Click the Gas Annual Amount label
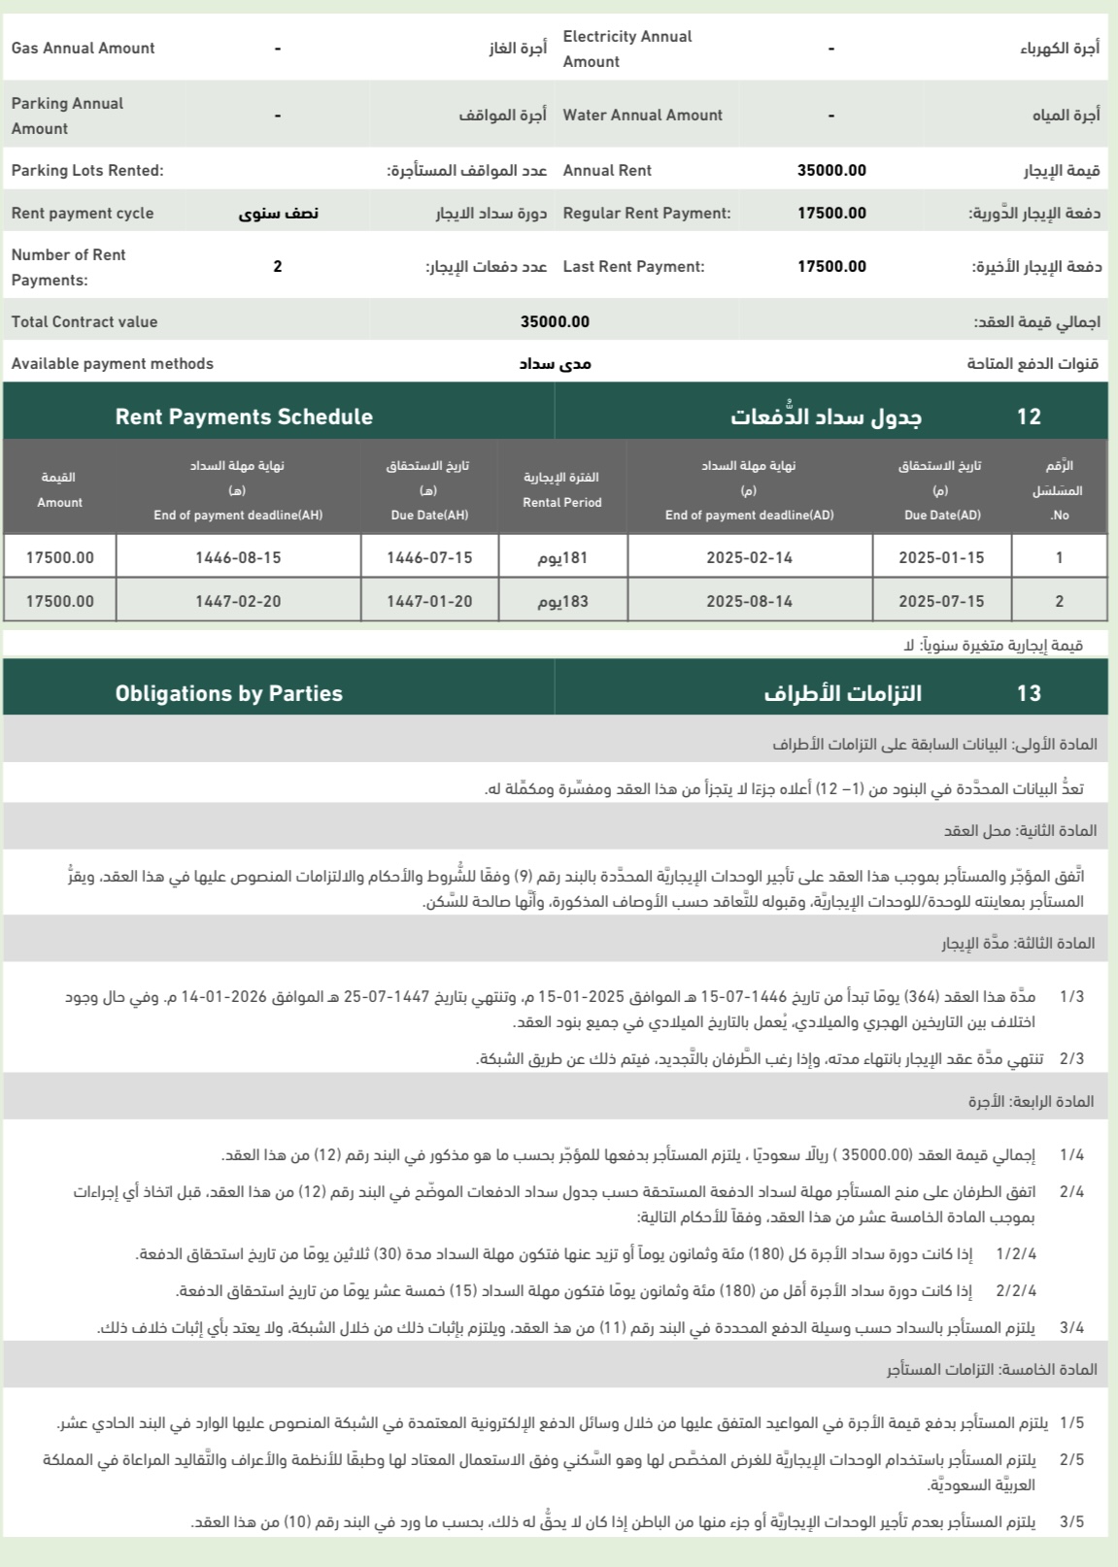tap(83, 49)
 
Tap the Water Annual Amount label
tap(642, 115)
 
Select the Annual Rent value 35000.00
tap(831, 171)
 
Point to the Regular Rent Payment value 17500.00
tap(831, 214)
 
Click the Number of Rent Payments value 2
tap(278, 266)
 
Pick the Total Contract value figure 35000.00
tap(555, 322)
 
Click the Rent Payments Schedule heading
tap(244, 417)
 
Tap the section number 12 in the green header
tap(1029, 417)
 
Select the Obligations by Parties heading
tap(228, 693)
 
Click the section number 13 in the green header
tap(1029, 693)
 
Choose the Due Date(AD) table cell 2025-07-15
tap(941, 601)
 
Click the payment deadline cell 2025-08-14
tap(749, 601)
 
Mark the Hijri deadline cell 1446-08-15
tap(238, 558)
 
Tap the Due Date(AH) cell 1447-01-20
tap(429, 601)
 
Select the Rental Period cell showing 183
tap(563, 601)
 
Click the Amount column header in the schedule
tap(59, 490)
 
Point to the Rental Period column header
tap(562, 490)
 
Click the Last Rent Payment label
tap(633, 267)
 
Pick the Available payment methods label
tap(113, 364)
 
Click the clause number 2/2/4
tap(1016, 1291)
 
